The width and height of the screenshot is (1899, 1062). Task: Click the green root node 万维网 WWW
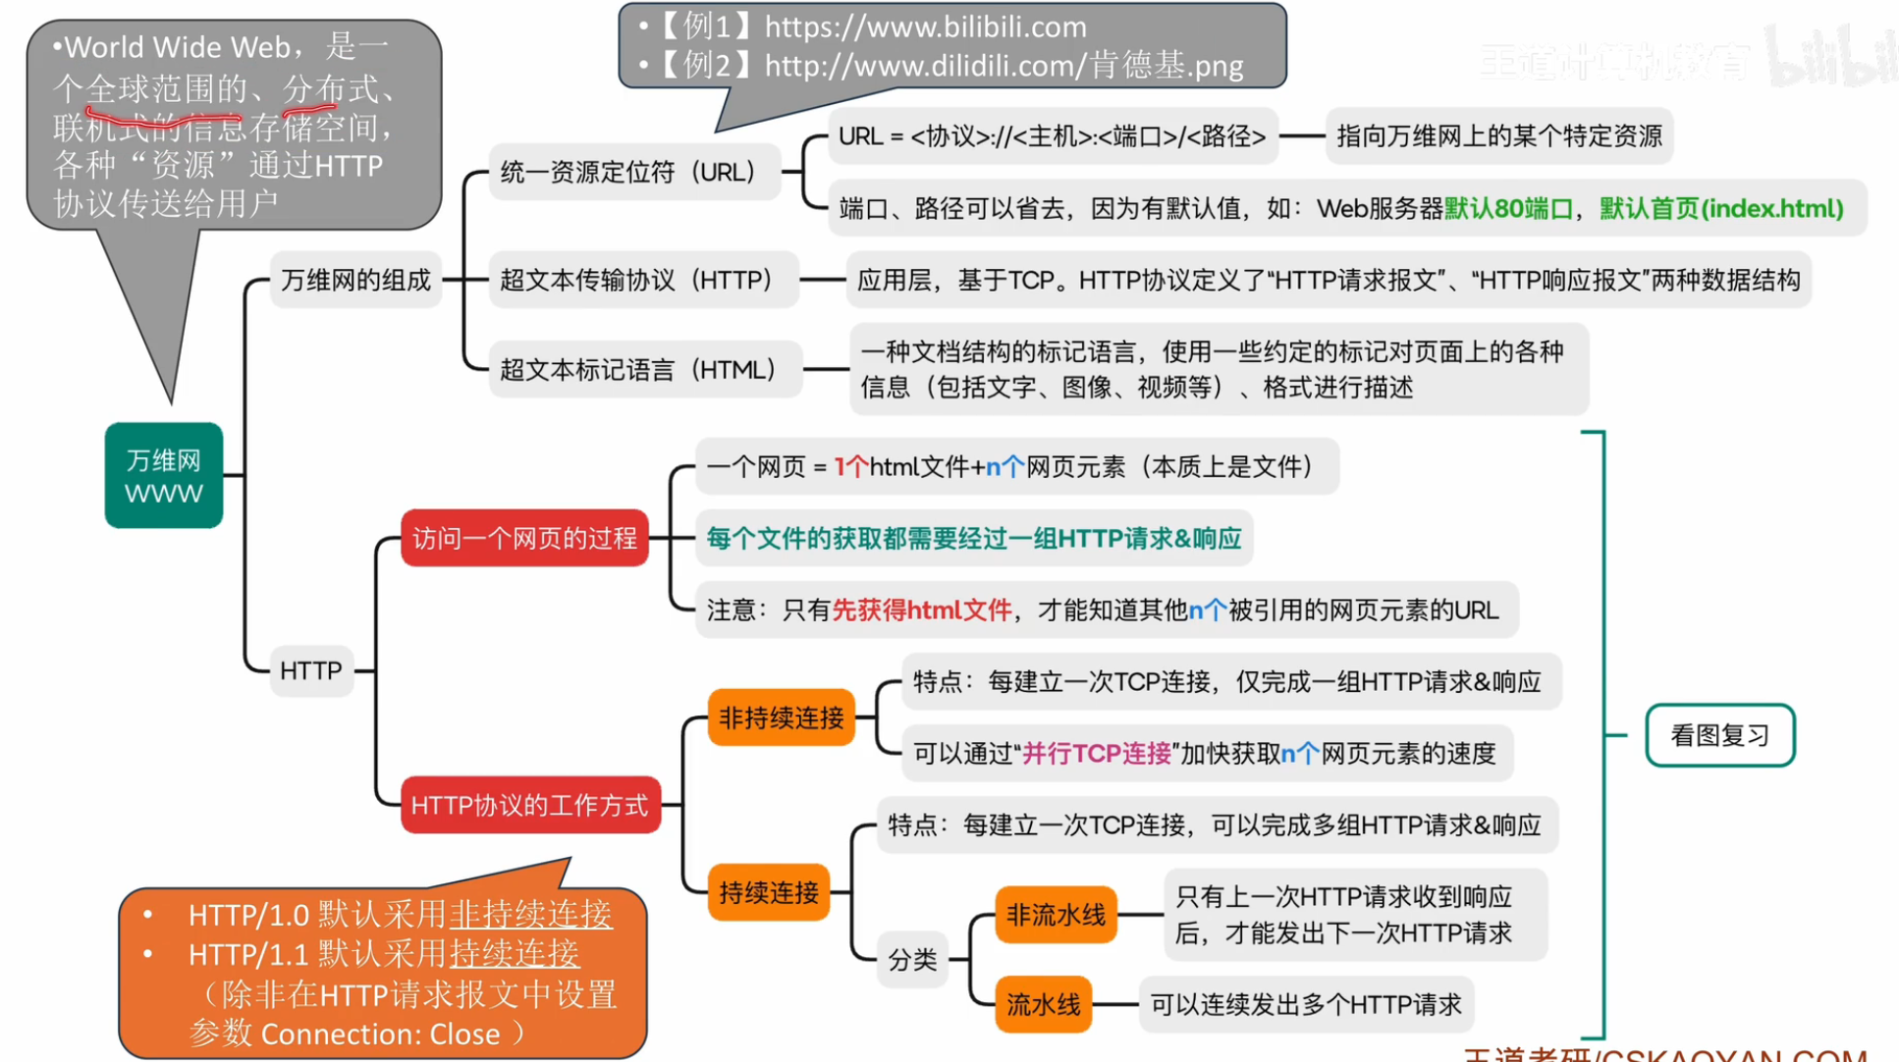point(164,476)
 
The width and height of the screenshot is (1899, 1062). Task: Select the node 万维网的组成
point(355,281)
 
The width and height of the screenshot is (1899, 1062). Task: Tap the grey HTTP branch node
point(310,671)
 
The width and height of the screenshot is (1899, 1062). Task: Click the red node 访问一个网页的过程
point(524,538)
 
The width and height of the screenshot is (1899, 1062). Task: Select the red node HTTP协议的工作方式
point(529,806)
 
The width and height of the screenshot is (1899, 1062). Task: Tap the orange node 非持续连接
point(781,717)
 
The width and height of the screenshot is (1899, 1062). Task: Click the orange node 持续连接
point(768,892)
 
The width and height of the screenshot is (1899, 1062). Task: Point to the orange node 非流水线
point(1056,915)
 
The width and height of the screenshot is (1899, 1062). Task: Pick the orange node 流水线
point(1043,1004)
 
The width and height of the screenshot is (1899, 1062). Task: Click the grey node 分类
point(912,959)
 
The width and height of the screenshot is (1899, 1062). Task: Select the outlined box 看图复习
point(1719,735)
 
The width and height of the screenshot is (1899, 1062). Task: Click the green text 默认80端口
point(1508,209)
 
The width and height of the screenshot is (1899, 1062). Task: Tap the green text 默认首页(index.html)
point(1721,209)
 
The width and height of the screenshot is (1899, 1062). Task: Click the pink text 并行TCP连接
point(1097,754)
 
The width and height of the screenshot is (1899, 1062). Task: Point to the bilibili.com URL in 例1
point(925,27)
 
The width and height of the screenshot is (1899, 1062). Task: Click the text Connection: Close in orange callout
point(380,1035)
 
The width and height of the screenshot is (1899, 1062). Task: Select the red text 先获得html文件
point(921,611)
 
